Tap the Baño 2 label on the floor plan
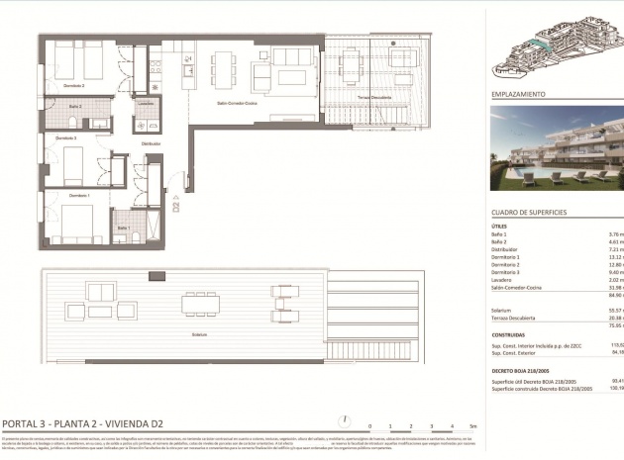click(x=75, y=106)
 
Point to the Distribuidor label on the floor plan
click(x=151, y=144)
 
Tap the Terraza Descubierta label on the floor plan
click(x=370, y=99)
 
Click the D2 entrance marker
click(x=176, y=207)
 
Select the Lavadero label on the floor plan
click(x=146, y=103)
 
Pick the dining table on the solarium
click(x=200, y=303)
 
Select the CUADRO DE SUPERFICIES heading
click(x=529, y=213)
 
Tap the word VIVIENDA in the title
click(x=132, y=422)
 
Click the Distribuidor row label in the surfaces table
click(x=505, y=249)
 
